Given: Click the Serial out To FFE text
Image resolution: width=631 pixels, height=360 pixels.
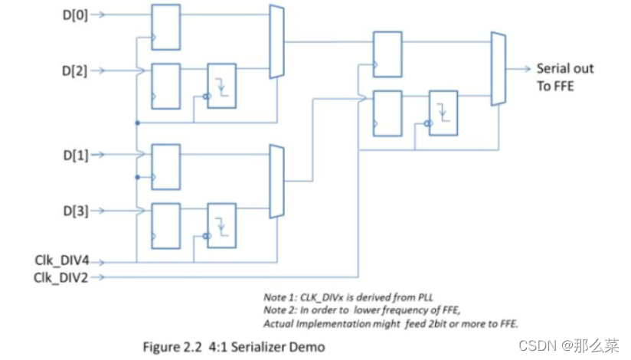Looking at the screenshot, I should coord(564,77).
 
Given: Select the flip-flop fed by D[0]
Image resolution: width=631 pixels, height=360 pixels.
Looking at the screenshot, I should coord(165,27).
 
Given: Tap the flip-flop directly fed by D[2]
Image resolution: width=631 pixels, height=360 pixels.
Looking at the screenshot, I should coord(165,86).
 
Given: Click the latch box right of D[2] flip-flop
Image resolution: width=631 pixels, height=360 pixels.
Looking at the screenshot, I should coord(222,86).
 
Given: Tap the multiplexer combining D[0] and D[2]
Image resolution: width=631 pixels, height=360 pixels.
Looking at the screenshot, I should coord(276,42).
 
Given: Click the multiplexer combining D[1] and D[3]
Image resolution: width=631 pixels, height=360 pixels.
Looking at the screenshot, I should coord(276,182).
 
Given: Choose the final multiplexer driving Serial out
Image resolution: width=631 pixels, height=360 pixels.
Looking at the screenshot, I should coord(498,69).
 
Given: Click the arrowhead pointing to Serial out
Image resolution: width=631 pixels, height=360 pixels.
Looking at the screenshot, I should coord(527,69).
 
